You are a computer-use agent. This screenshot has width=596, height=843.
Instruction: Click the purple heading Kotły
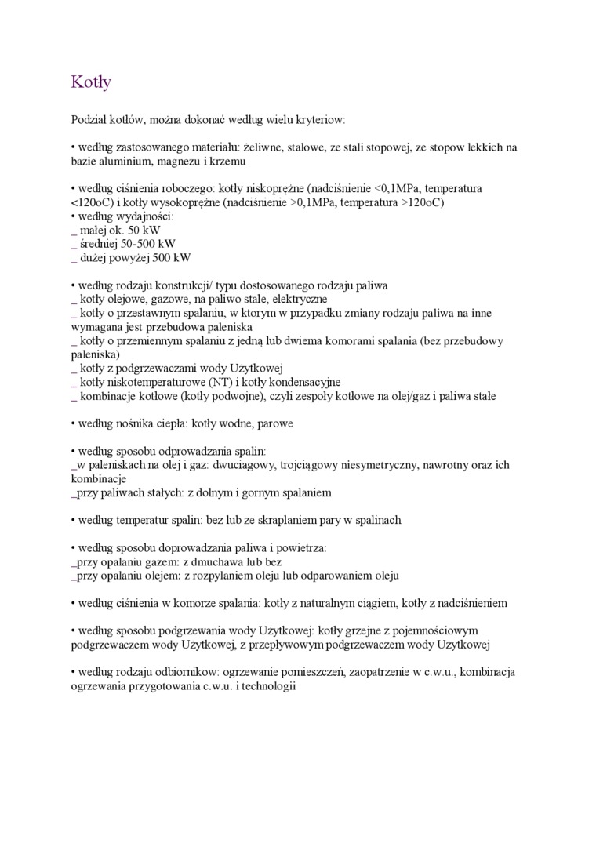tap(91, 82)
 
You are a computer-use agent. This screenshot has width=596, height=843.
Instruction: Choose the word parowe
tap(274, 424)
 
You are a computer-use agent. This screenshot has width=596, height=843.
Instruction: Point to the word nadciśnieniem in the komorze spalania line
tap(470, 604)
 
